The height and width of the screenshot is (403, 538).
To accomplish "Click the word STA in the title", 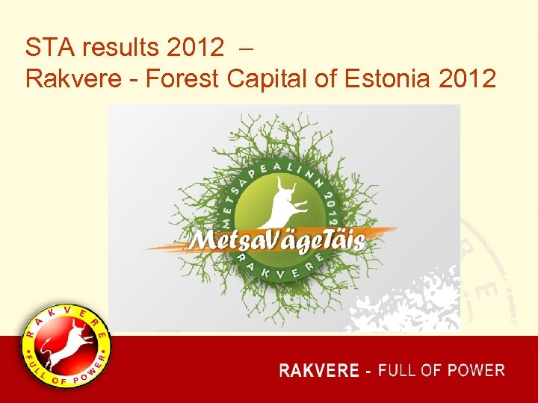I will (x=49, y=49).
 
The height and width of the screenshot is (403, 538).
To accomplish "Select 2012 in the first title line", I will (x=196, y=49).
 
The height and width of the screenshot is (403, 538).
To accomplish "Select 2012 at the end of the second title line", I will (x=469, y=78).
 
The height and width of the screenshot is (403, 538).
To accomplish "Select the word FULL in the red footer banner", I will (x=397, y=370).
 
